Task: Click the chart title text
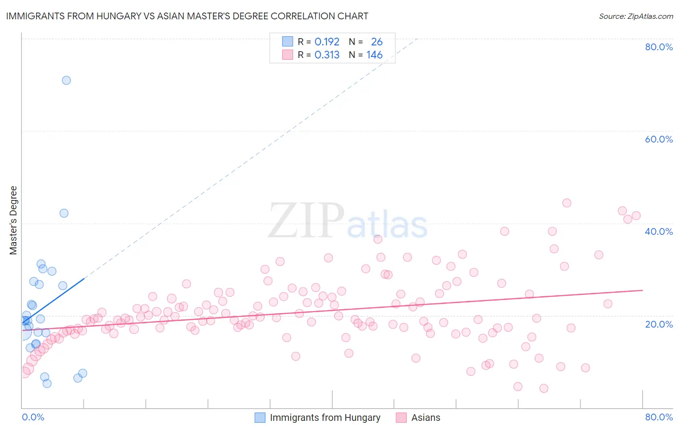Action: [x=187, y=16]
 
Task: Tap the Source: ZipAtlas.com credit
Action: [x=636, y=16]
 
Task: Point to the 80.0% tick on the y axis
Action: [x=659, y=47]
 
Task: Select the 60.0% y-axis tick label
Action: [x=659, y=139]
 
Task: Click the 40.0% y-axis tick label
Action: [x=659, y=231]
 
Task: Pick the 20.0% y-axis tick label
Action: [x=659, y=324]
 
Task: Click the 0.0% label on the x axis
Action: [x=33, y=417]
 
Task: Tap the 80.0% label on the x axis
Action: [x=659, y=417]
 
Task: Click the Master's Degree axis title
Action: [x=14, y=220]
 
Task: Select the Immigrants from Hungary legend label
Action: [x=325, y=417]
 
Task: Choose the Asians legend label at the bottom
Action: [x=425, y=417]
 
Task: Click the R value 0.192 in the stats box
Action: [x=327, y=42]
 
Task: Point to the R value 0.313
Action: [x=327, y=55]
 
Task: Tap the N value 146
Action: [x=374, y=55]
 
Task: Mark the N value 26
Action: [x=377, y=42]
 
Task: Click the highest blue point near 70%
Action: [x=66, y=80]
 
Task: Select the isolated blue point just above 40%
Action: [x=64, y=213]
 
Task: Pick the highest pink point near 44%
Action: [x=566, y=203]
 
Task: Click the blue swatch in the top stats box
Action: [x=287, y=42]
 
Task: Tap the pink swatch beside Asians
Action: [x=401, y=417]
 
